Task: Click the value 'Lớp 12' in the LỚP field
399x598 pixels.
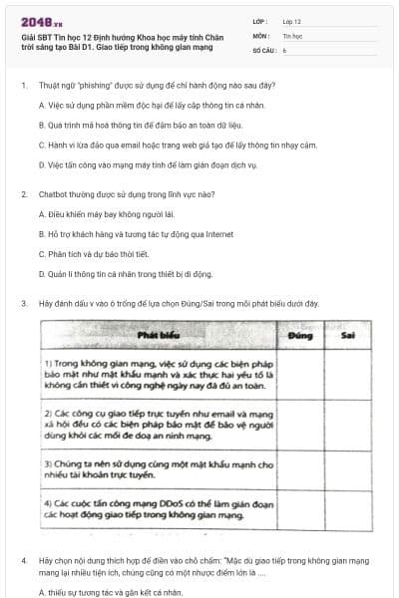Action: (x=291, y=20)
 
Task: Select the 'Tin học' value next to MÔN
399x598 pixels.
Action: (x=291, y=34)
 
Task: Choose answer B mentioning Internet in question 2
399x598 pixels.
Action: (x=136, y=234)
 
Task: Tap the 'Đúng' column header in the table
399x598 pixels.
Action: (x=300, y=336)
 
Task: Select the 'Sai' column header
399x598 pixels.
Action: (x=348, y=336)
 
